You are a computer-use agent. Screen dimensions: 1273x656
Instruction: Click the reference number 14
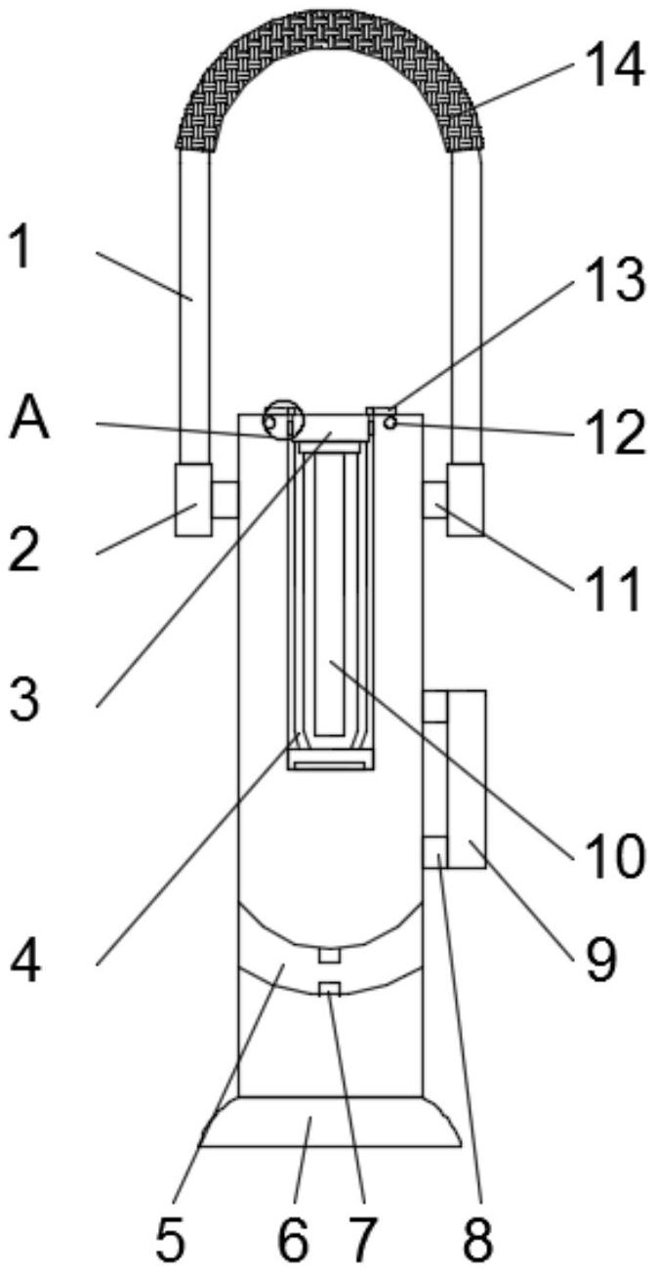(613, 67)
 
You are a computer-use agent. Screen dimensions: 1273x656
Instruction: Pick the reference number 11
(613, 589)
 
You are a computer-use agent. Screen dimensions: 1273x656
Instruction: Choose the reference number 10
(613, 854)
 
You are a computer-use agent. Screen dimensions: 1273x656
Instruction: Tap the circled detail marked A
(283, 418)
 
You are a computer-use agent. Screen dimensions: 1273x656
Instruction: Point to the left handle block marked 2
(193, 500)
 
